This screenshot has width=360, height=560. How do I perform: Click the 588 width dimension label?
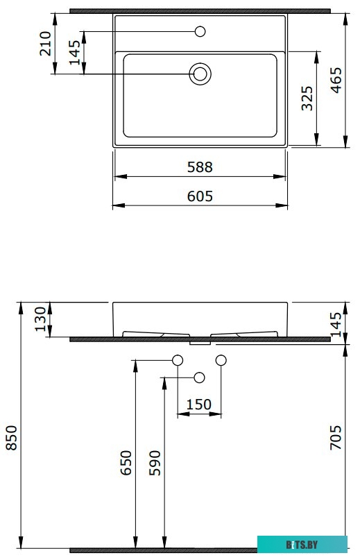pos(200,167)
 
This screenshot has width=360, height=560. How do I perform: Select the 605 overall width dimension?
pos(200,196)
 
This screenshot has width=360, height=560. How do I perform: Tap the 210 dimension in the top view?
pos(46,44)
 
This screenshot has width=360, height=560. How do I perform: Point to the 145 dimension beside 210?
pos(75,53)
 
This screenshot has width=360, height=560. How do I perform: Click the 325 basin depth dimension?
pos(308,98)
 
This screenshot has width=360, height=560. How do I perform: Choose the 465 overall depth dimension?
pos(336,80)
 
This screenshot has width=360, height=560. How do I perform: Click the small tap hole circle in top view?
pos(200,31)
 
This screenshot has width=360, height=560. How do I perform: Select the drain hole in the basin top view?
pos(200,74)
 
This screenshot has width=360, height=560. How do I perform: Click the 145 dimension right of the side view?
pos(336,323)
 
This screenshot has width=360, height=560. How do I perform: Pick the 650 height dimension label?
pos(126,462)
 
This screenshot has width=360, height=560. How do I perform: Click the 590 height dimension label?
pos(154,462)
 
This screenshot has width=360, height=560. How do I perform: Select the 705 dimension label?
pos(336,439)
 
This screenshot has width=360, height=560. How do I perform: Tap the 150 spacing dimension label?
pos(200,405)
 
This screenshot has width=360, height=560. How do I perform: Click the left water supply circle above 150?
pos(178,360)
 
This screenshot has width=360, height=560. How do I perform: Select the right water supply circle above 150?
pos(222,360)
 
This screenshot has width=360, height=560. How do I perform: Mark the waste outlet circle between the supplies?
pos(200,377)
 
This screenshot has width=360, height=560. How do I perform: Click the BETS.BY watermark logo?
pos(302,545)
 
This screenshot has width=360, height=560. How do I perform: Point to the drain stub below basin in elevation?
pos(200,341)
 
